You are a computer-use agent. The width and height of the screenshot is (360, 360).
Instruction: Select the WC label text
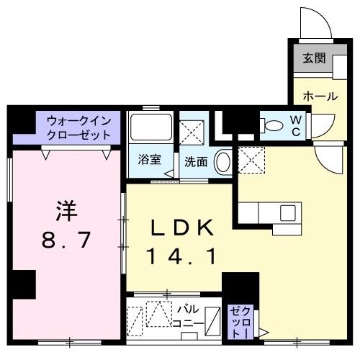point(296,126)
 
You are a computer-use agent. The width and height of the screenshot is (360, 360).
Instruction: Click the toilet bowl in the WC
point(274,126)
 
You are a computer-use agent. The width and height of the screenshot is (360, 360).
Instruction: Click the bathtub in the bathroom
point(150,128)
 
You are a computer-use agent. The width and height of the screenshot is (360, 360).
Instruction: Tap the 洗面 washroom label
point(196,162)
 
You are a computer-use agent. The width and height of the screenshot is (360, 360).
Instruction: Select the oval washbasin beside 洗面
point(224,161)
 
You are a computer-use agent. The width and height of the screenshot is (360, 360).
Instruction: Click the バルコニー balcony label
point(190,317)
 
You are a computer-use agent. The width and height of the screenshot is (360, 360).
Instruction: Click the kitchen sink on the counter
point(287,213)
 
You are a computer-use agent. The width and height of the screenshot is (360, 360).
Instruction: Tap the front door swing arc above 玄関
point(314,24)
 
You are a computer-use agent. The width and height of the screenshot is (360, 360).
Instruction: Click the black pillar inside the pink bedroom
point(23,283)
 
